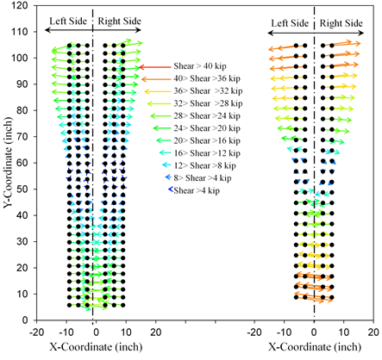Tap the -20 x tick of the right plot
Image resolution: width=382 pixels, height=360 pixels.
click(254, 332)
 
